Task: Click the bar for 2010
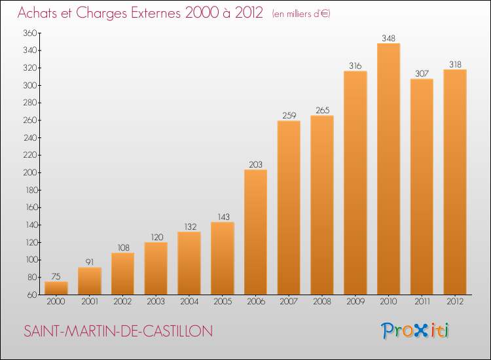coord(388,169)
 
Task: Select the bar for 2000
coord(56,288)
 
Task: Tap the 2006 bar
coord(255,232)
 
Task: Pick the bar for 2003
coord(156,268)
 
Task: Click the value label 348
coord(388,38)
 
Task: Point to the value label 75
coord(56,276)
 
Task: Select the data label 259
coord(289,115)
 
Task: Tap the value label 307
coord(422,73)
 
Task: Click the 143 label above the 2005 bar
coord(224,217)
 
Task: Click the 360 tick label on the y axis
coord(30,33)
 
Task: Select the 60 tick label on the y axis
coord(32,295)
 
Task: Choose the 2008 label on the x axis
coord(322,302)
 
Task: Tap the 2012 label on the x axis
coord(455,302)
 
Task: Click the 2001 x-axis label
coord(90,302)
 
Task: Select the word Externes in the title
coord(156,13)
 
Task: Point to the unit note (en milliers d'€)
coord(301,14)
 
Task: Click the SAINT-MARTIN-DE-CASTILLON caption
coord(118,331)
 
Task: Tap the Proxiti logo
coord(415,331)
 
